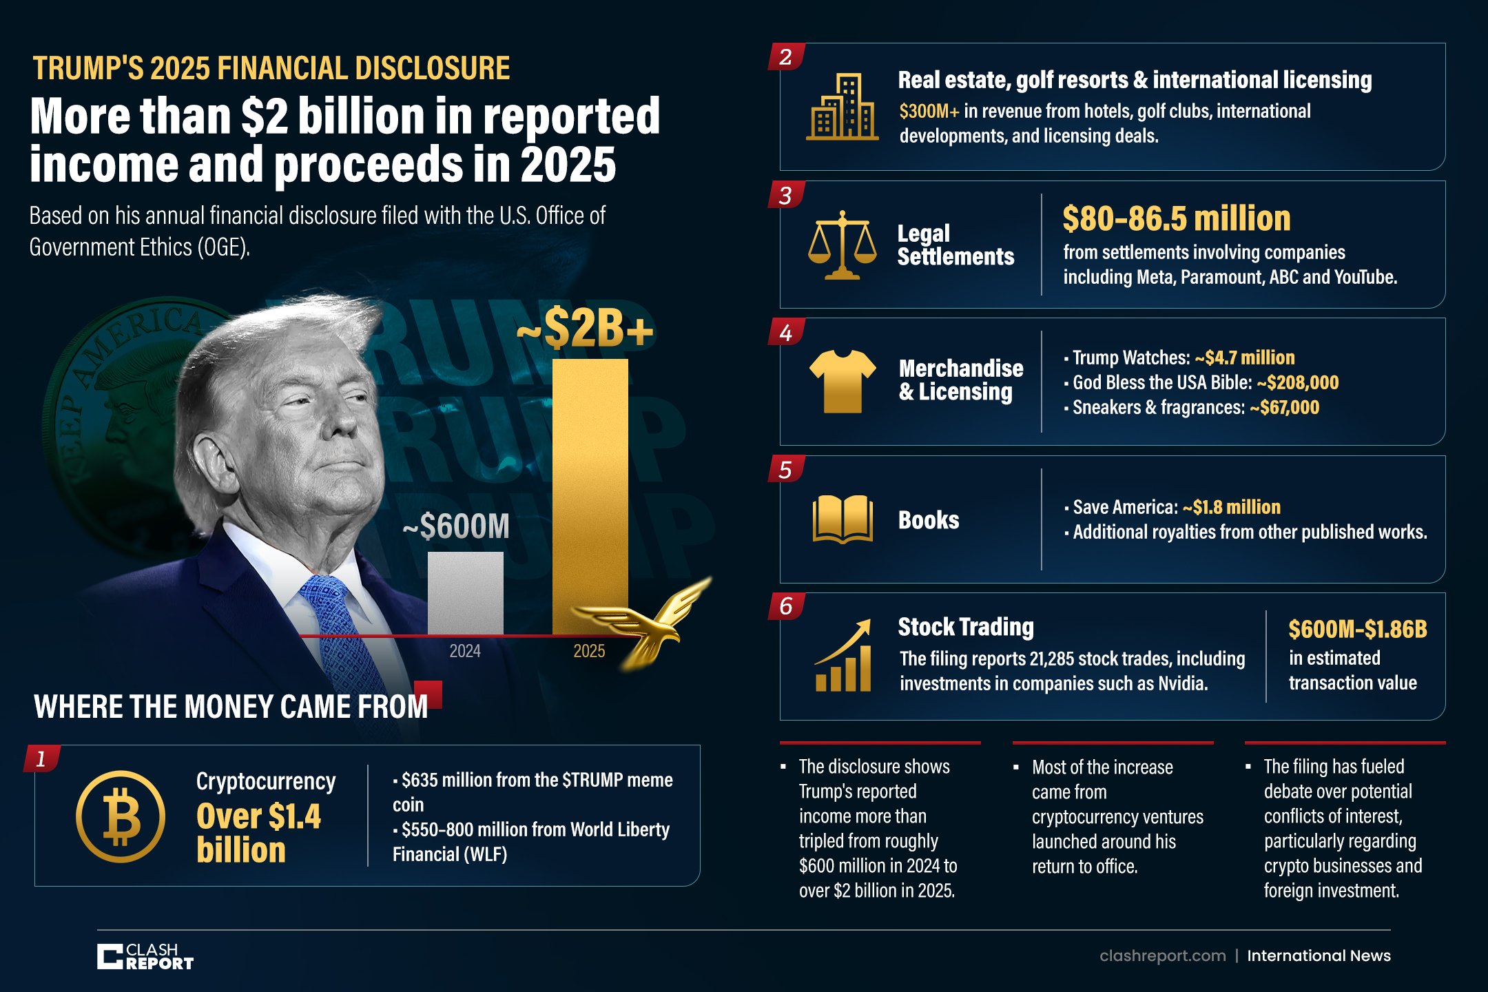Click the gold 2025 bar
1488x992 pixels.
pos(590,496)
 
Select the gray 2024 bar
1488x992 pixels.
pos(466,593)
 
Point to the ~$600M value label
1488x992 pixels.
pos(456,526)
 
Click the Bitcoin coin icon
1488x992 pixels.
pos(121,816)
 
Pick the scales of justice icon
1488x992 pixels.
pos(842,245)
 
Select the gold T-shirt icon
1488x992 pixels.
pos(843,381)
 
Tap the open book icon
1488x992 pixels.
pos(843,519)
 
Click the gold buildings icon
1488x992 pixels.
pos(842,107)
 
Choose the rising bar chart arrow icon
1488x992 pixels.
pos(843,655)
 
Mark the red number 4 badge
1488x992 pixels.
pos(786,333)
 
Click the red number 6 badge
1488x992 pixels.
pos(786,606)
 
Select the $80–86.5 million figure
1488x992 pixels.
pos(1177,218)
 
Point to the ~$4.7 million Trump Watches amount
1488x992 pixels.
pos(1245,358)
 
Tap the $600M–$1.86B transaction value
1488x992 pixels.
pos(1358,629)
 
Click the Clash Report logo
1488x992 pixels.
pos(145,956)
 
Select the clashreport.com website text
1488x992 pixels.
pos(1163,955)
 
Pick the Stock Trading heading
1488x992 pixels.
pos(966,627)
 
